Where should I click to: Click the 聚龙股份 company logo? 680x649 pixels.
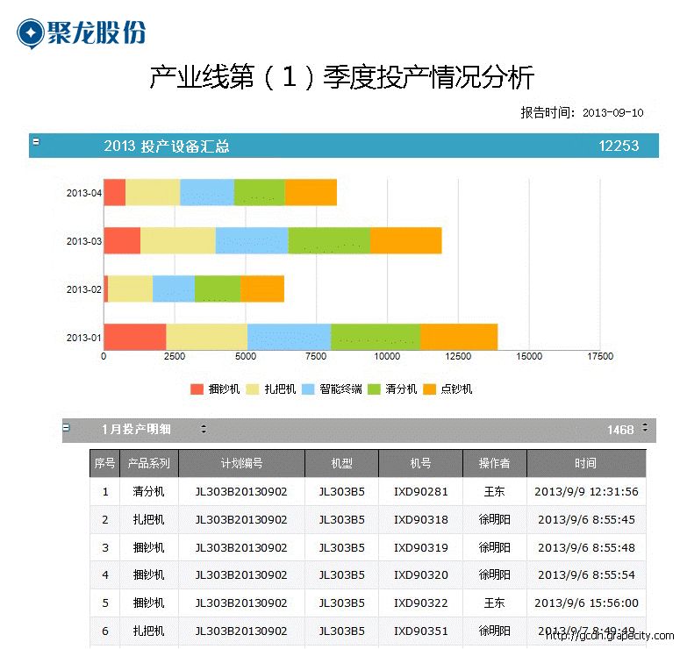click(x=81, y=32)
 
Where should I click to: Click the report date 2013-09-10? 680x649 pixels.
click(x=613, y=112)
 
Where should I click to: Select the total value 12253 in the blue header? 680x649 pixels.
click(x=619, y=146)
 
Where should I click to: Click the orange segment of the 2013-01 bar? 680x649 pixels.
click(x=458, y=337)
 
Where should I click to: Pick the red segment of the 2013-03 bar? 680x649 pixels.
click(x=122, y=240)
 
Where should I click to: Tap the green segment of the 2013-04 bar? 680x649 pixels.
click(x=259, y=192)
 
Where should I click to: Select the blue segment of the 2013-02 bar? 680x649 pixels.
click(x=173, y=289)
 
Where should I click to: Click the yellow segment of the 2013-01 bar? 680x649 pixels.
click(x=206, y=337)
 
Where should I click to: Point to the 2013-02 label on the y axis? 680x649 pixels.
click(x=84, y=289)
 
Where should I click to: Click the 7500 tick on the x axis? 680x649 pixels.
click(x=316, y=357)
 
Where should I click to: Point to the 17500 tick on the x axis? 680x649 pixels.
click(x=600, y=357)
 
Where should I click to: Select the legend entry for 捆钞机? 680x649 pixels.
click(x=215, y=389)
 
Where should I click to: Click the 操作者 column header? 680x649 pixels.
click(x=494, y=463)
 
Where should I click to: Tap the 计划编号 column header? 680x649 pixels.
click(x=241, y=463)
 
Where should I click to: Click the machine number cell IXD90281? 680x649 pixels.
click(x=420, y=491)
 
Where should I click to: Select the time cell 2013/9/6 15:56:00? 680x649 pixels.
click(x=585, y=603)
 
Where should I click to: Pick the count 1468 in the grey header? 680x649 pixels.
click(x=619, y=430)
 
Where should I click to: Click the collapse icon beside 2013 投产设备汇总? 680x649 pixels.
click(x=36, y=140)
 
